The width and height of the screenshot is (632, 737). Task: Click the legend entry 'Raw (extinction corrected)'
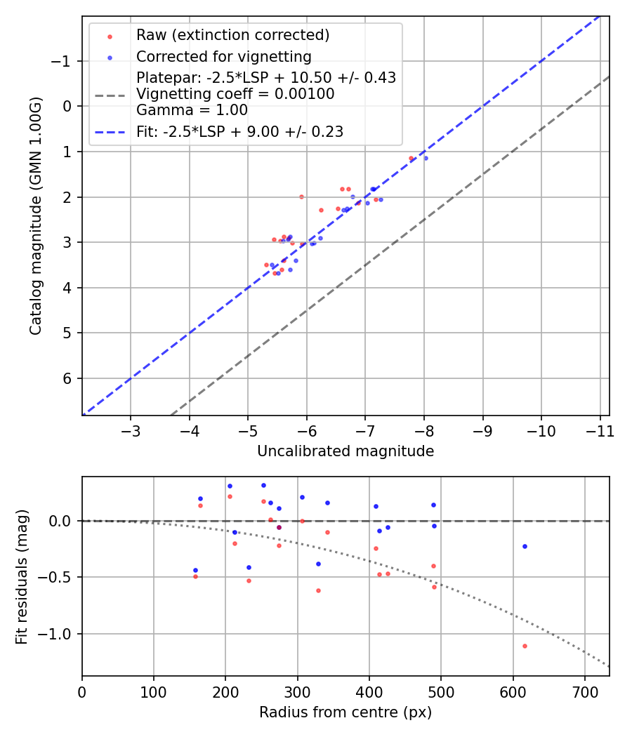pos(232,35)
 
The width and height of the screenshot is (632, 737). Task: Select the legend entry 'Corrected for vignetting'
pos(223,56)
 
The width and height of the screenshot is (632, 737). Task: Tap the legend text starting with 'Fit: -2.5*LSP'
pos(239,131)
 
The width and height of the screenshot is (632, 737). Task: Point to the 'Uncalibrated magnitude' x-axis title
pos(345,451)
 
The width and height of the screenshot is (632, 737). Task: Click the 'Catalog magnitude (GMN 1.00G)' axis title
pos(37,215)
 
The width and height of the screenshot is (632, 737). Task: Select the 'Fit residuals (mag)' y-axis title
pos(22,576)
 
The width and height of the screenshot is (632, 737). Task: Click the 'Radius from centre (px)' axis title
pos(345,712)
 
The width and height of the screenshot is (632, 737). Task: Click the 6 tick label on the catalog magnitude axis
pos(67,378)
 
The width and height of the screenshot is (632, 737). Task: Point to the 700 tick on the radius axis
pos(585,691)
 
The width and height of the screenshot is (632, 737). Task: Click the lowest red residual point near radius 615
pos(525,646)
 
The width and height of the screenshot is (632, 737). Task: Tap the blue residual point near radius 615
pos(525,546)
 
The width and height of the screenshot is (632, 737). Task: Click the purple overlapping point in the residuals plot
pos(279,527)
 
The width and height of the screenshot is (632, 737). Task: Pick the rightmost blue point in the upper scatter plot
pos(426,158)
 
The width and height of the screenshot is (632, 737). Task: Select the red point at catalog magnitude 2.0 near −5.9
pos(301,197)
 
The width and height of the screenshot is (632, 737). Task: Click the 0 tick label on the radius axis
pos(82,691)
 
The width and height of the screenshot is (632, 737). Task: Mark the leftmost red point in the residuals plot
pos(195,576)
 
